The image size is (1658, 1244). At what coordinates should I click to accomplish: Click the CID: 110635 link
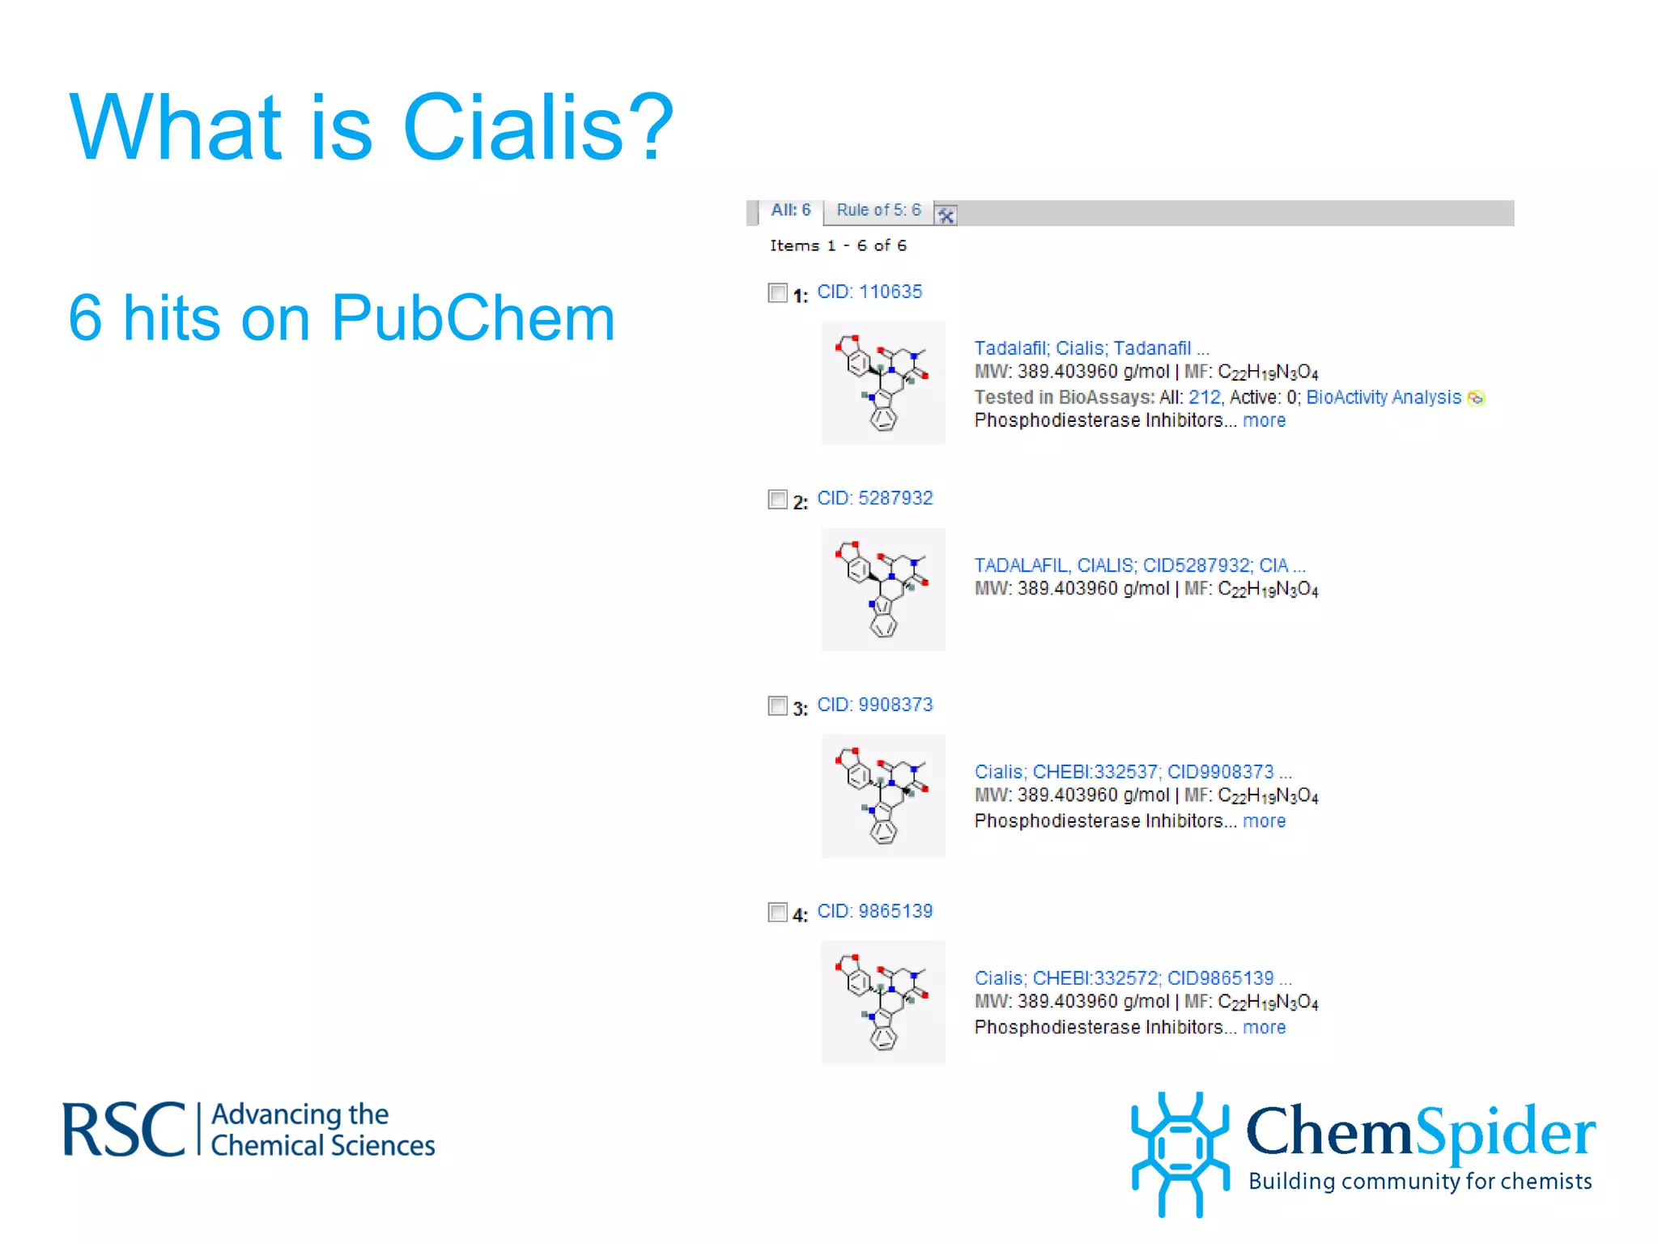coord(869,292)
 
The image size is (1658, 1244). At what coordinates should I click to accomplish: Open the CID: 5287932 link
coord(874,498)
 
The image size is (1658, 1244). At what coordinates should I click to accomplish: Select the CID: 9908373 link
coord(874,705)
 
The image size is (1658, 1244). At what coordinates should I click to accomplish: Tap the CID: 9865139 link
coord(874,911)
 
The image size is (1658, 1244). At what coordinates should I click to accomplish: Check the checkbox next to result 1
coord(777,292)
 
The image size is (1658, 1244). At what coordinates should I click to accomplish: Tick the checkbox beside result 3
coord(777,705)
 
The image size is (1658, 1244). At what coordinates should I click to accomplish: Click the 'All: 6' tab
coord(790,211)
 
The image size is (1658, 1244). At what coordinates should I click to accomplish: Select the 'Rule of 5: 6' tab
coord(878,211)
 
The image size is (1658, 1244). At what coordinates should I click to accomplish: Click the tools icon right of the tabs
coord(946,215)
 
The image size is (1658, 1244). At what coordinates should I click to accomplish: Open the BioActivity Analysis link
coord(1383,398)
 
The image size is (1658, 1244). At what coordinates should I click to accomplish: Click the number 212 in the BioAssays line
coord(1204,398)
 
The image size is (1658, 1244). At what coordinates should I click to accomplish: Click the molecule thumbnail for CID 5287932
coord(882,590)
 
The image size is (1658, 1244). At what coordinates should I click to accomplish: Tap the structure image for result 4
coord(882,1003)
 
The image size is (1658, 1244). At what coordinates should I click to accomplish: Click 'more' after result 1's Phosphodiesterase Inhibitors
coord(1264,421)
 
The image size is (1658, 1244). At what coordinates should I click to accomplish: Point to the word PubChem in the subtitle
coord(473,318)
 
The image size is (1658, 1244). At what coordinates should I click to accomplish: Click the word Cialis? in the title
coord(538,128)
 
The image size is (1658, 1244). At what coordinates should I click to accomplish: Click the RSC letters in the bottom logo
coord(124,1130)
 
